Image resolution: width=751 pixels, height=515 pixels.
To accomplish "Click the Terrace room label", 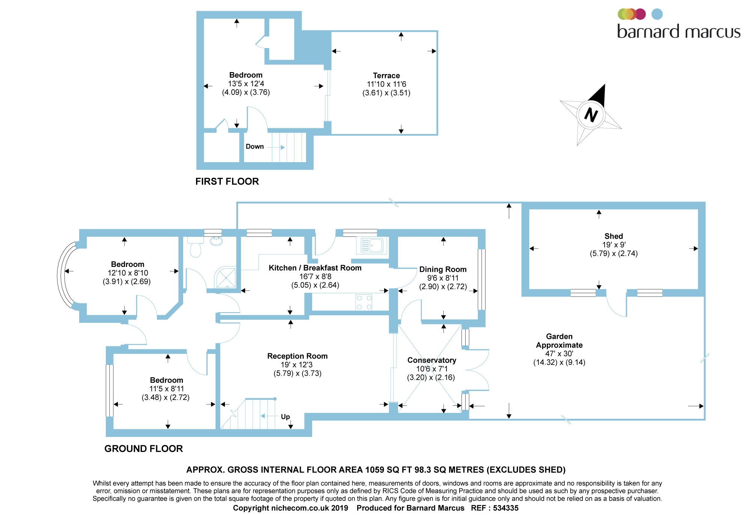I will (x=386, y=75).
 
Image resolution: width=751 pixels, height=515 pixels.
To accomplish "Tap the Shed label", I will (x=614, y=236).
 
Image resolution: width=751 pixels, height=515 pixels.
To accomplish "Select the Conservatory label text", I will (x=432, y=360).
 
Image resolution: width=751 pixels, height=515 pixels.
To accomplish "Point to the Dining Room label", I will (x=443, y=269).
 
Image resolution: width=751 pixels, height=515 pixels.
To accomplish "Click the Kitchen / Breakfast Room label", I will (x=315, y=268).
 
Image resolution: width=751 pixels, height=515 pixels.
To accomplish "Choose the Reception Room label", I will (x=297, y=356).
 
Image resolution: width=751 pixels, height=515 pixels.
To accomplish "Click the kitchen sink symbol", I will (x=372, y=245).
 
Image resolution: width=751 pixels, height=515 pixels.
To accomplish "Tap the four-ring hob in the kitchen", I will (x=364, y=303).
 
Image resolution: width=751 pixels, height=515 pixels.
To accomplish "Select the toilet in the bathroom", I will (x=196, y=248).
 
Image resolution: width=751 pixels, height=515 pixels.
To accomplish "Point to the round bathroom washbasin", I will (x=216, y=241).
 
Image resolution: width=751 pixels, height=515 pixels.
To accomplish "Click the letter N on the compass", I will (x=591, y=115).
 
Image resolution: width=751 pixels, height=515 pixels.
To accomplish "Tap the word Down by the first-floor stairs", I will (x=255, y=146).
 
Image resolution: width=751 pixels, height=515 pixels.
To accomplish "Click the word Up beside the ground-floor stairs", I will (x=285, y=417).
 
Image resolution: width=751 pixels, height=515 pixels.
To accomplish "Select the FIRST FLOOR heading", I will (x=227, y=181).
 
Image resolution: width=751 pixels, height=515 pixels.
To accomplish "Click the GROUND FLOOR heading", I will (x=143, y=449).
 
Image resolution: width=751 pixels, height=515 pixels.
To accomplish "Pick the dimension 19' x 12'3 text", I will (x=297, y=364).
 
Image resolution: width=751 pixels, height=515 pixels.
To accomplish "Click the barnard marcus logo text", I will (x=679, y=32).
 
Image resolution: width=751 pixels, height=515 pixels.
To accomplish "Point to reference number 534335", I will (x=506, y=508).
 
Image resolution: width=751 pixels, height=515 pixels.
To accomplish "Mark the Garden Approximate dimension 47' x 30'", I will (x=559, y=354).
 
